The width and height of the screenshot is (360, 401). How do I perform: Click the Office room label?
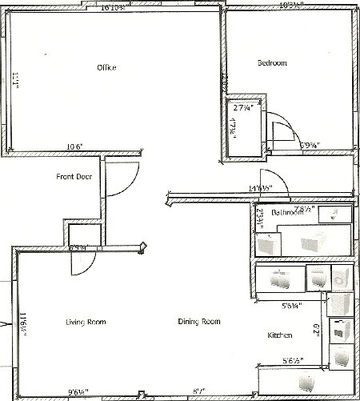pyautogui.click(x=106, y=67)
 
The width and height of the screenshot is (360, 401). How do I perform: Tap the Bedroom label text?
pyautogui.click(x=271, y=63)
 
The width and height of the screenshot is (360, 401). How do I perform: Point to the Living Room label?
pyautogui.click(x=86, y=322)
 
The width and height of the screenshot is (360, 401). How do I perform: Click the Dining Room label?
pyautogui.click(x=198, y=322)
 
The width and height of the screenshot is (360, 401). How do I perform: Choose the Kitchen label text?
pyautogui.click(x=279, y=334)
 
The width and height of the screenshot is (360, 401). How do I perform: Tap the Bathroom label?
pyautogui.click(x=286, y=214)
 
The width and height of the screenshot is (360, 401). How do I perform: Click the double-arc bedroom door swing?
pyautogui.click(x=282, y=130)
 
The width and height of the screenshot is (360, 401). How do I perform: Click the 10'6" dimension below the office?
pyautogui.click(x=75, y=146)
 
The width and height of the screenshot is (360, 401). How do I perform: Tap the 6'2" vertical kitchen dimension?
pyautogui.click(x=316, y=328)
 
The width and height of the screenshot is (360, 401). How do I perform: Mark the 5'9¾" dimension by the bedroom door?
pyautogui.click(x=311, y=146)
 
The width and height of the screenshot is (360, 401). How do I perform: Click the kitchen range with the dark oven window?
pyautogui.click(x=341, y=329)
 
